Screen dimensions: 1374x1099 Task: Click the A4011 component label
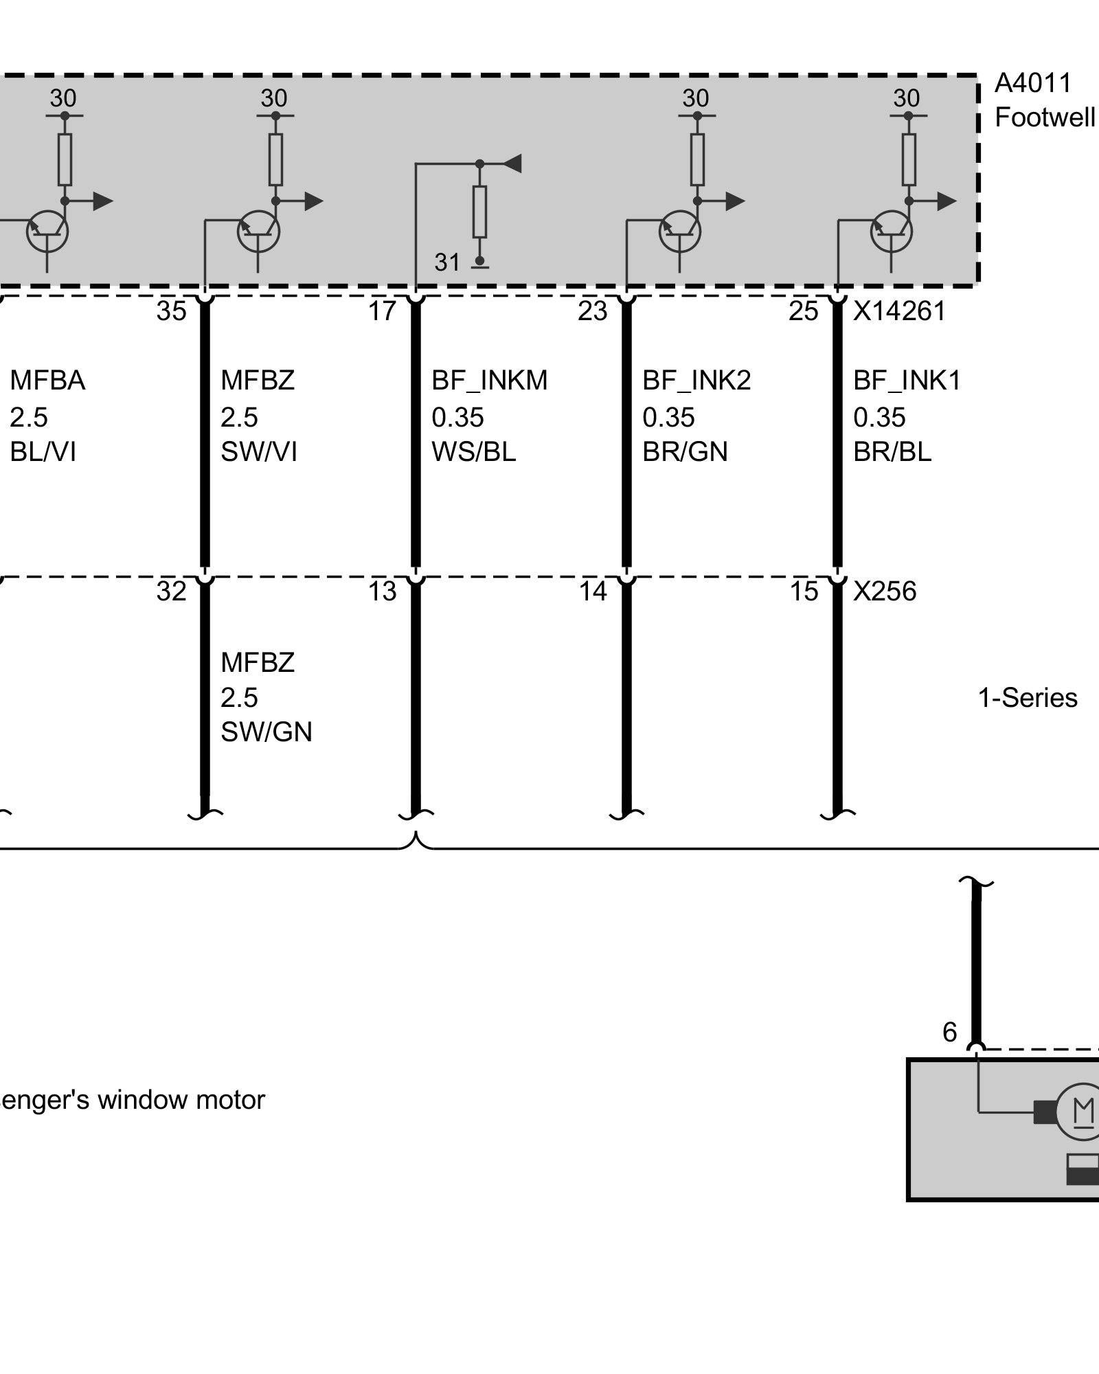pos(1032,83)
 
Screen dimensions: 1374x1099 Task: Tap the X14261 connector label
pos(899,312)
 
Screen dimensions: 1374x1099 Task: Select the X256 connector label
pos(884,592)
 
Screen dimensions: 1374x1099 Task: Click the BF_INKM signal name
pos(489,380)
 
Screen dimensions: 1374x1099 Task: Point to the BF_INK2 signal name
pos(696,380)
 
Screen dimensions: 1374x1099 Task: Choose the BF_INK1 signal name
pos(907,380)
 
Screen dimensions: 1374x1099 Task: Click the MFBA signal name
pos(47,380)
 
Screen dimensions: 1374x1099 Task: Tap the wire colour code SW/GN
pos(266,732)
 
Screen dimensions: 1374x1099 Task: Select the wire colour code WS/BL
pos(473,452)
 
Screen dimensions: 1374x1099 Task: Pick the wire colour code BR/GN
pos(685,452)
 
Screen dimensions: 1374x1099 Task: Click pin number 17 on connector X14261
pos(382,312)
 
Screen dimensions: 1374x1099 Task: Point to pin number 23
pos(592,312)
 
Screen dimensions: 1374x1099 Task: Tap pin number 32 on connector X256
pos(171,592)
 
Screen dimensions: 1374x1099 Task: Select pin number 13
pos(382,592)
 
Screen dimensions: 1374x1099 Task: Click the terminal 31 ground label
pos(447,262)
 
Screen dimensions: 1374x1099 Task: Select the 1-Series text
pos(1027,698)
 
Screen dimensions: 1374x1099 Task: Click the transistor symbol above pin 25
pos(891,232)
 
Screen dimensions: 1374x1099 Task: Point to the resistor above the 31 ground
pos(479,211)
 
